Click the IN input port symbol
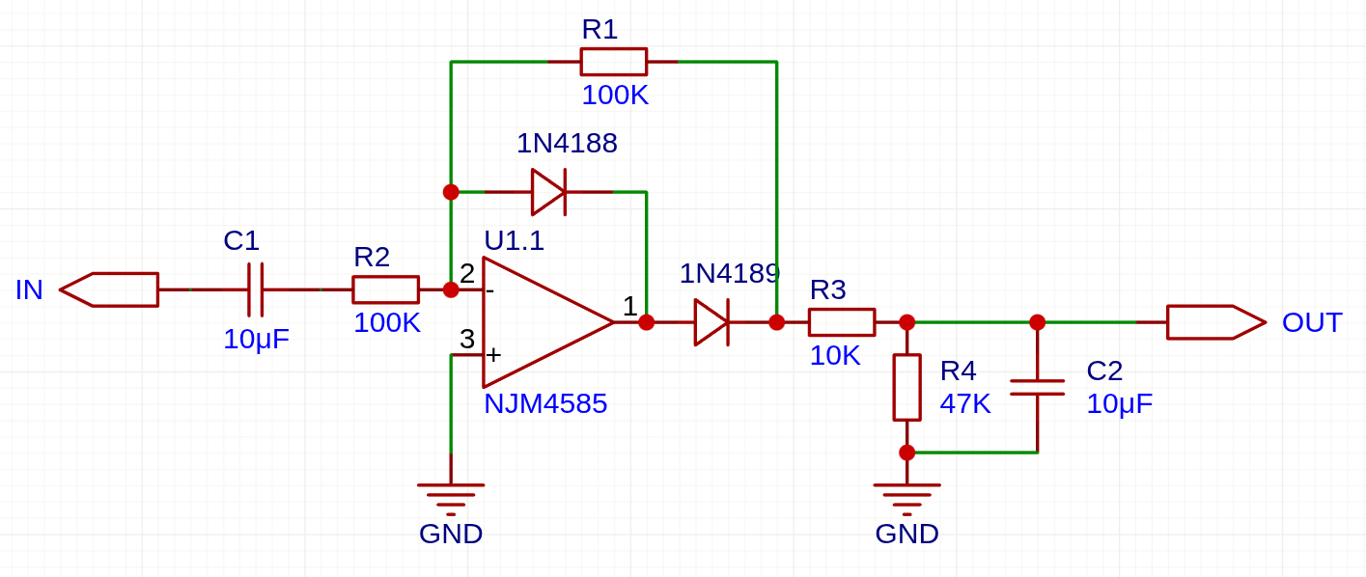point(109,289)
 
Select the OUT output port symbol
point(1215,322)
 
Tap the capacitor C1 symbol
point(255,289)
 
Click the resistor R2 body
point(385,289)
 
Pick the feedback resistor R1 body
point(613,62)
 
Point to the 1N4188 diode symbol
point(548,192)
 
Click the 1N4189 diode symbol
point(711,322)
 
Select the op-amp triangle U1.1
point(541,322)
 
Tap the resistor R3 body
point(842,322)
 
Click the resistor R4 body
point(906,387)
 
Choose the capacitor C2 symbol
point(1037,387)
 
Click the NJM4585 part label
point(545,403)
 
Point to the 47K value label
point(964,403)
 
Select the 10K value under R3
point(834,355)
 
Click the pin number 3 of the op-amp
point(467,339)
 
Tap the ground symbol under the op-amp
point(451,494)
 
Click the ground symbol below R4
point(906,494)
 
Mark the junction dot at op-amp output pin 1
point(646,322)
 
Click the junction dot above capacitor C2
point(1037,322)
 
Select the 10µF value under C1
point(256,339)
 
